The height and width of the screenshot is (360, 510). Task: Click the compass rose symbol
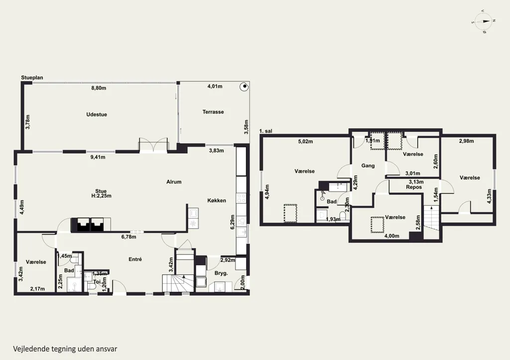(x=483, y=21)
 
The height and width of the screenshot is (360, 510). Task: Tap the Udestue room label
(x=97, y=115)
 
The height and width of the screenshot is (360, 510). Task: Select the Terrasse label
(x=213, y=112)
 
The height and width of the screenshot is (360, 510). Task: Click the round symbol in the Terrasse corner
(x=243, y=87)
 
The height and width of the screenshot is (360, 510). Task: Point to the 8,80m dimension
(x=99, y=88)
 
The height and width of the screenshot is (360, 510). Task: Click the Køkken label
(x=217, y=201)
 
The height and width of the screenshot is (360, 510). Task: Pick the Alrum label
(x=174, y=182)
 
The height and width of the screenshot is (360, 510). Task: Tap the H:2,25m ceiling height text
(x=102, y=196)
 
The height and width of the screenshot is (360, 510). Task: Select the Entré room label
(x=135, y=259)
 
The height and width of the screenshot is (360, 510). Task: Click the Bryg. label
(x=221, y=273)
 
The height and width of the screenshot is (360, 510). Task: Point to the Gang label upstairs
(x=368, y=165)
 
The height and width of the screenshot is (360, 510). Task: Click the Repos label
(x=414, y=187)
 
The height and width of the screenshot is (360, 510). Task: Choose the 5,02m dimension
(x=305, y=141)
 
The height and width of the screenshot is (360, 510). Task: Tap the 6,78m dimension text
(x=129, y=237)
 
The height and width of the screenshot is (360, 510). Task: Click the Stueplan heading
(x=32, y=78)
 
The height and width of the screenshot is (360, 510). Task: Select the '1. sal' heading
(x=266, y=131)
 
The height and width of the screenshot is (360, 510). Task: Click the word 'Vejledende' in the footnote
(x=31, y=349)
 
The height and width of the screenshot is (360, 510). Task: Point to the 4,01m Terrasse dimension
(x=215, y=87)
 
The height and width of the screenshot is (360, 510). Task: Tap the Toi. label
(x=97, y=282)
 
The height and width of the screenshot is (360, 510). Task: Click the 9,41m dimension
(x=98, y=157)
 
